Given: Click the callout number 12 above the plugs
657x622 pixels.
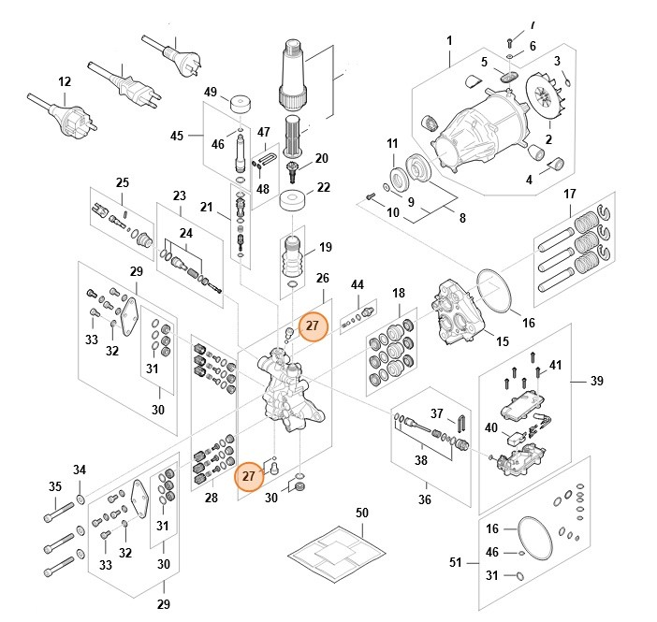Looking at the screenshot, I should (64, 82).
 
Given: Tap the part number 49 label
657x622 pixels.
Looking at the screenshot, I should (211, 92).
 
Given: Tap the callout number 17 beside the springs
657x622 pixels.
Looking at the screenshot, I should (568, 194).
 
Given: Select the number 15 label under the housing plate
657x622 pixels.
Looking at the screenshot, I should (502, 341).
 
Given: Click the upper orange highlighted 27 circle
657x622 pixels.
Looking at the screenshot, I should (313, 326).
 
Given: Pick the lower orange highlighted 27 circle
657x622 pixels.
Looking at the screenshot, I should (249, 475).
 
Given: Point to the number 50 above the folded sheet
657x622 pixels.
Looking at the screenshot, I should (362, 514).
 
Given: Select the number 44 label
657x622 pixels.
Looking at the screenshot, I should (357, 284).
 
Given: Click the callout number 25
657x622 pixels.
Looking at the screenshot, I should (122, 181).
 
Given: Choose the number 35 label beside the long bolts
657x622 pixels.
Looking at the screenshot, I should (55, 486).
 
